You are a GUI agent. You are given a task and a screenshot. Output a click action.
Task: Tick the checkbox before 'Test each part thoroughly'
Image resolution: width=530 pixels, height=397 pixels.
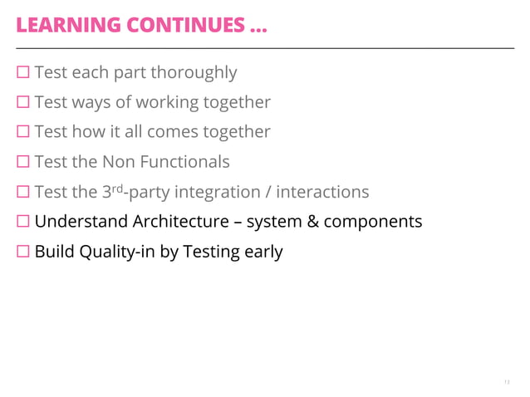coord(22,73)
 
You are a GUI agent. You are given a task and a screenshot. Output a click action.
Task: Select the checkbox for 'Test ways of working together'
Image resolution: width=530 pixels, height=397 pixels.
coord(22,103)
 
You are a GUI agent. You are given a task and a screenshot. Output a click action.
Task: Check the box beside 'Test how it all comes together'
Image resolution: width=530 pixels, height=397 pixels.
coord(22,133)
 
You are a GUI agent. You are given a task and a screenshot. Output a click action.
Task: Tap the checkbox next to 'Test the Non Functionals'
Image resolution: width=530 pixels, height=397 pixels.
coord(22,163)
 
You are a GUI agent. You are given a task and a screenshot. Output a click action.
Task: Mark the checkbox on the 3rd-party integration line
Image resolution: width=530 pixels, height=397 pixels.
coord(22,193)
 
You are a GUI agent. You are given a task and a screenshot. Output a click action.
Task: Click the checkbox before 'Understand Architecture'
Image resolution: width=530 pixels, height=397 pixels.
coord(22,223)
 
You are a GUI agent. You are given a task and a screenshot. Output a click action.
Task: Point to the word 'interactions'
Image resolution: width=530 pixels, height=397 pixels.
coord(322,192)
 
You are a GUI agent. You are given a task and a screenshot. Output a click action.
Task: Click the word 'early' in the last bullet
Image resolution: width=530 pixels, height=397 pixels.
coord(263,252)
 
